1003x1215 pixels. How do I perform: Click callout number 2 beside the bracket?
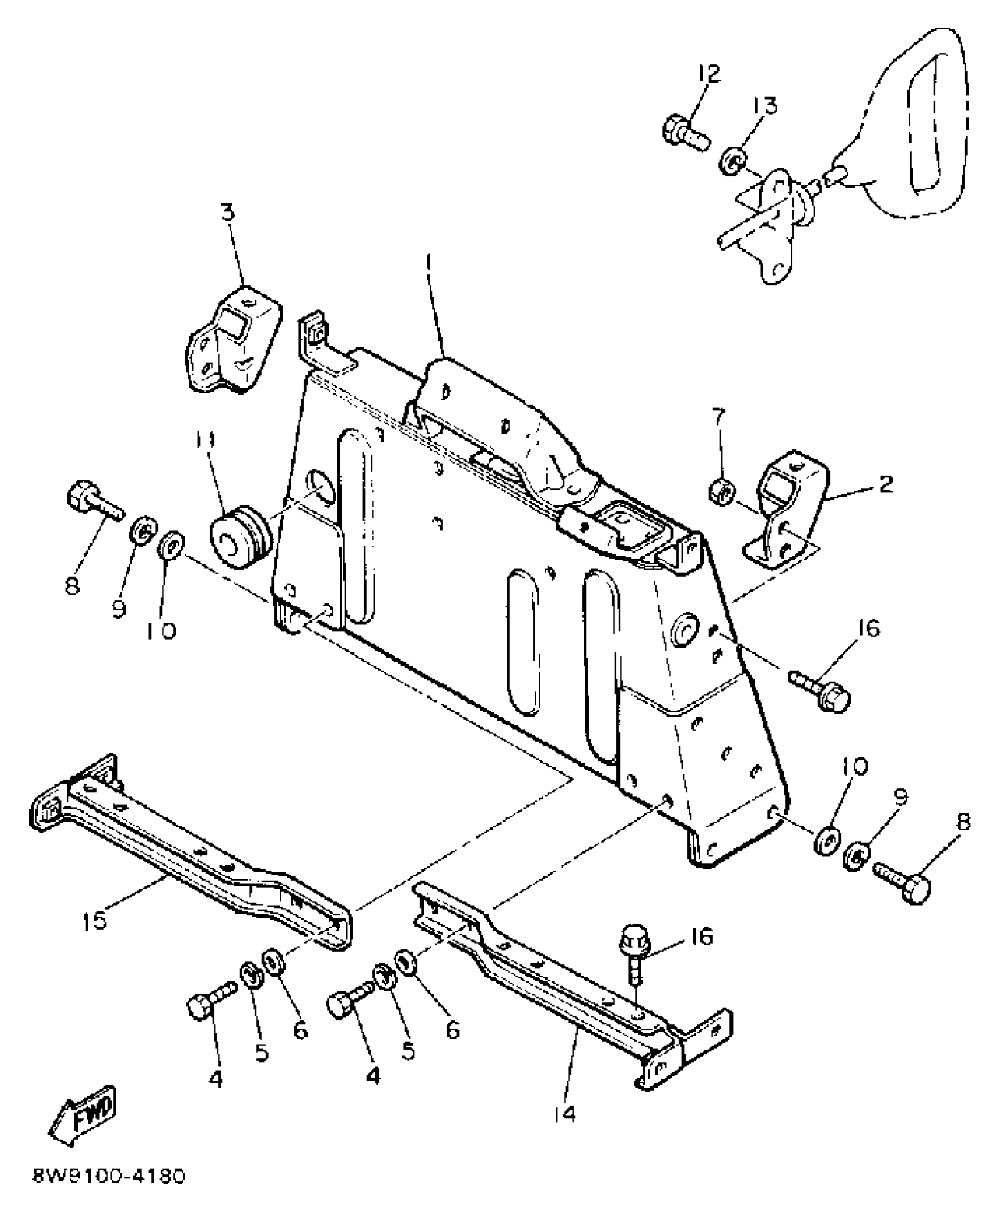(x=886, y=485)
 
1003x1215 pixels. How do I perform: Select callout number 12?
(x=709, y=74)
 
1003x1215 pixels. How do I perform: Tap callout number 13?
(x=765, y=106)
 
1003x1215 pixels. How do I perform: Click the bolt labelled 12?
(x=684, y=134)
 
